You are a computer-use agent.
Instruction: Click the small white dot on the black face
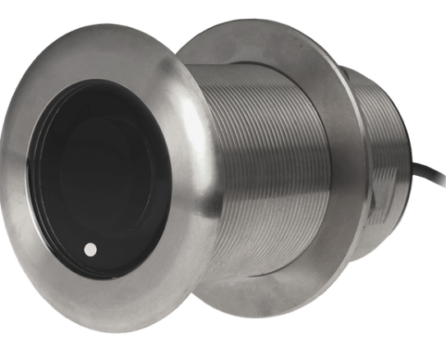click(90, 247)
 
